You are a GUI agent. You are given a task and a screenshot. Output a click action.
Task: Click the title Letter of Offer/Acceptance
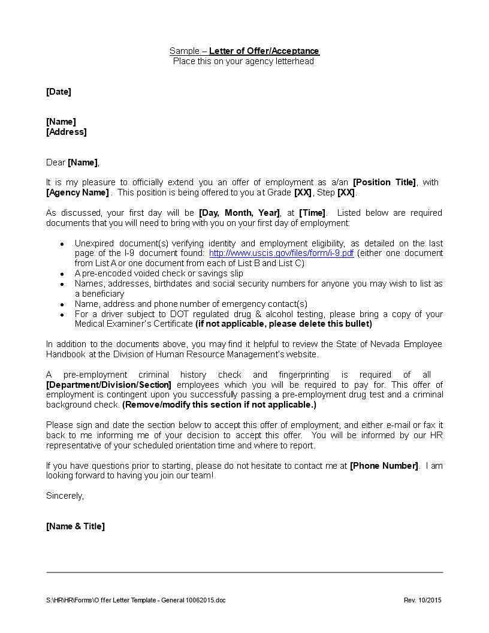(x=264, y=51)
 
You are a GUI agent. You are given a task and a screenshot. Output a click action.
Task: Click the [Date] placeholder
(x=59, y=92)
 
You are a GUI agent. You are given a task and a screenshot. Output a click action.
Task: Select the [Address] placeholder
(x=67, y=132)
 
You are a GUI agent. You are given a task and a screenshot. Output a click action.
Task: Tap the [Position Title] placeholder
(x=384, y=182)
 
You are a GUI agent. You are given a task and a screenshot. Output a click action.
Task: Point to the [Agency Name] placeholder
(x=77, y=192)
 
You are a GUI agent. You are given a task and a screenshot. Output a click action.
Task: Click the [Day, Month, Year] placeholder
(x=240, y=213)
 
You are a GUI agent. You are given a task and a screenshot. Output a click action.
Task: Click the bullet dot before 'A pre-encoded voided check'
(x=62, y=274)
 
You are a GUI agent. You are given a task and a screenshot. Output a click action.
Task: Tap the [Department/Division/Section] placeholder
(x=108, y=385)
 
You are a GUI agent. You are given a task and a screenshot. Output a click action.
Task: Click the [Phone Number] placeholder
(x=384, y=466)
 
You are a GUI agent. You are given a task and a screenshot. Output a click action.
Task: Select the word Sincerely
(x=65, y=496)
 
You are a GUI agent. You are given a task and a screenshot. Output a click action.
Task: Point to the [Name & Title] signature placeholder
(x=76, y=526)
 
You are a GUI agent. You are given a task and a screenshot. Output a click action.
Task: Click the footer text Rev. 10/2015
(x=422, y=600)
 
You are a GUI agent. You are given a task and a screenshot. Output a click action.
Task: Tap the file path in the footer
(x=136, y=600)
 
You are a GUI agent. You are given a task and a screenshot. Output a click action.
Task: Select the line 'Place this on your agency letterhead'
(x=243, y=61)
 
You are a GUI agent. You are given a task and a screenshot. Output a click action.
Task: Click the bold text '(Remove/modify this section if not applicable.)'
(x=219, y=405)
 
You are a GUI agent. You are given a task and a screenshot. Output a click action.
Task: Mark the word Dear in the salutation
(x=56, y=162)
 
